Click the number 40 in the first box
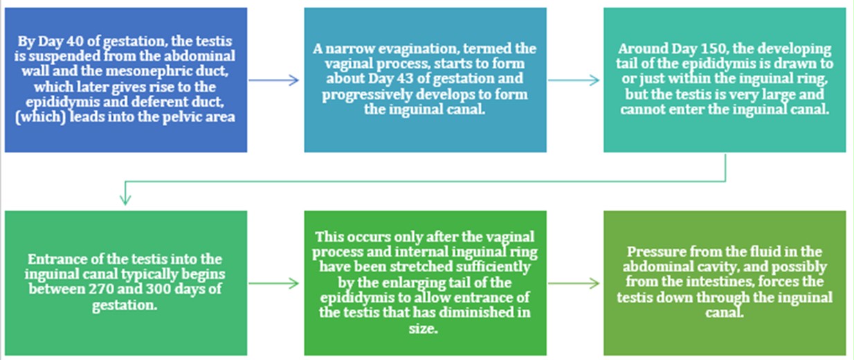click(75, 41)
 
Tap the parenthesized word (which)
click(40, 117)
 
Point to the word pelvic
click(183, 117)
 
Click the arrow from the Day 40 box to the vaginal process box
click(273, 80)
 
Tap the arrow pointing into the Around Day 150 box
click(574, 80)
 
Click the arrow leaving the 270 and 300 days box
click(273, 283)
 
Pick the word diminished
click(474, 313)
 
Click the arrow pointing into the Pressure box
click(574, 283)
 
